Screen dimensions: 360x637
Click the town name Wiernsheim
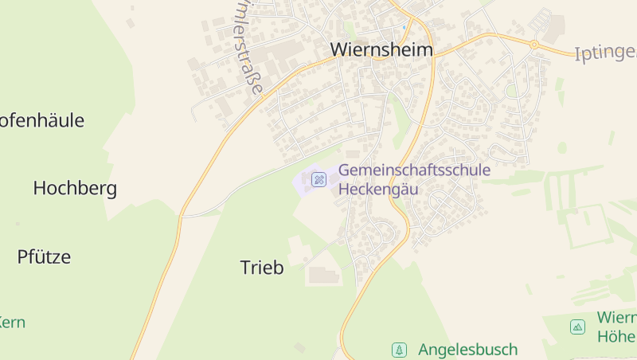[x=382, y=49]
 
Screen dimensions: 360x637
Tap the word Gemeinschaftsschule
[x=414, y=170]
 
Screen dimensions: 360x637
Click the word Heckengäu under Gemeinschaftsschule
[x=378, y=189]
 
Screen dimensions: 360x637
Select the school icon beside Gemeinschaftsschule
[x=318, y=179]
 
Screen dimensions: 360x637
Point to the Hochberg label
[x=75, y=189]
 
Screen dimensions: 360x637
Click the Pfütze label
[x=44, y=256]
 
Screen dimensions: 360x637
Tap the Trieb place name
[x=262, y=268]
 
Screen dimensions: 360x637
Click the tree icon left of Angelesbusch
[x=398, y=349]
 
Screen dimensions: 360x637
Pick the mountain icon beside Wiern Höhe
[x=577, y=326]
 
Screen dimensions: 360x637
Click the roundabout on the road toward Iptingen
[x=535, y=44]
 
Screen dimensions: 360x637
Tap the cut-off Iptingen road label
[x=605, y=53]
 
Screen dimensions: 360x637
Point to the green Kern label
[x=12, y=323]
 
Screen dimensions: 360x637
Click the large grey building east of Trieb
[x=323, y=276]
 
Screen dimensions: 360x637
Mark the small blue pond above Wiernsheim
[x=404, y=27]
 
